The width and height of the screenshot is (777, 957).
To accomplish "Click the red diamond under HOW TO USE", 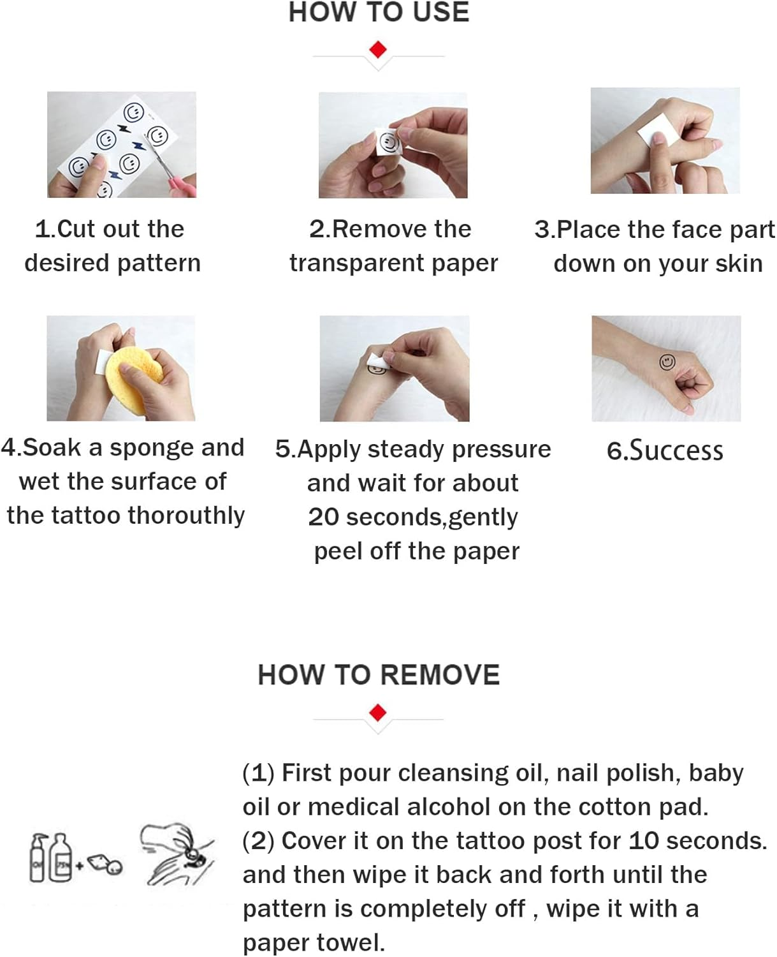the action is click(x=378, y=49).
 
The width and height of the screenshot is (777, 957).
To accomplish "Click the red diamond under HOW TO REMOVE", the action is click(x=378, y=713).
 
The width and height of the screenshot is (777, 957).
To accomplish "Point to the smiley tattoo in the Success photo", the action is click(x=667, y=362).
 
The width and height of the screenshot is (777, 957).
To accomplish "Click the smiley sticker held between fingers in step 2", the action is click(x=388, y=142).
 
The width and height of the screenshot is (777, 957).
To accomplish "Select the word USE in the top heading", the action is click(x=441, y=12).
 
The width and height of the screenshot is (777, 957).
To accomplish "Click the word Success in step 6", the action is click(x=676, y=450).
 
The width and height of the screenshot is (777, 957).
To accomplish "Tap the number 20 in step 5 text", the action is click(x=323, y=517).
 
